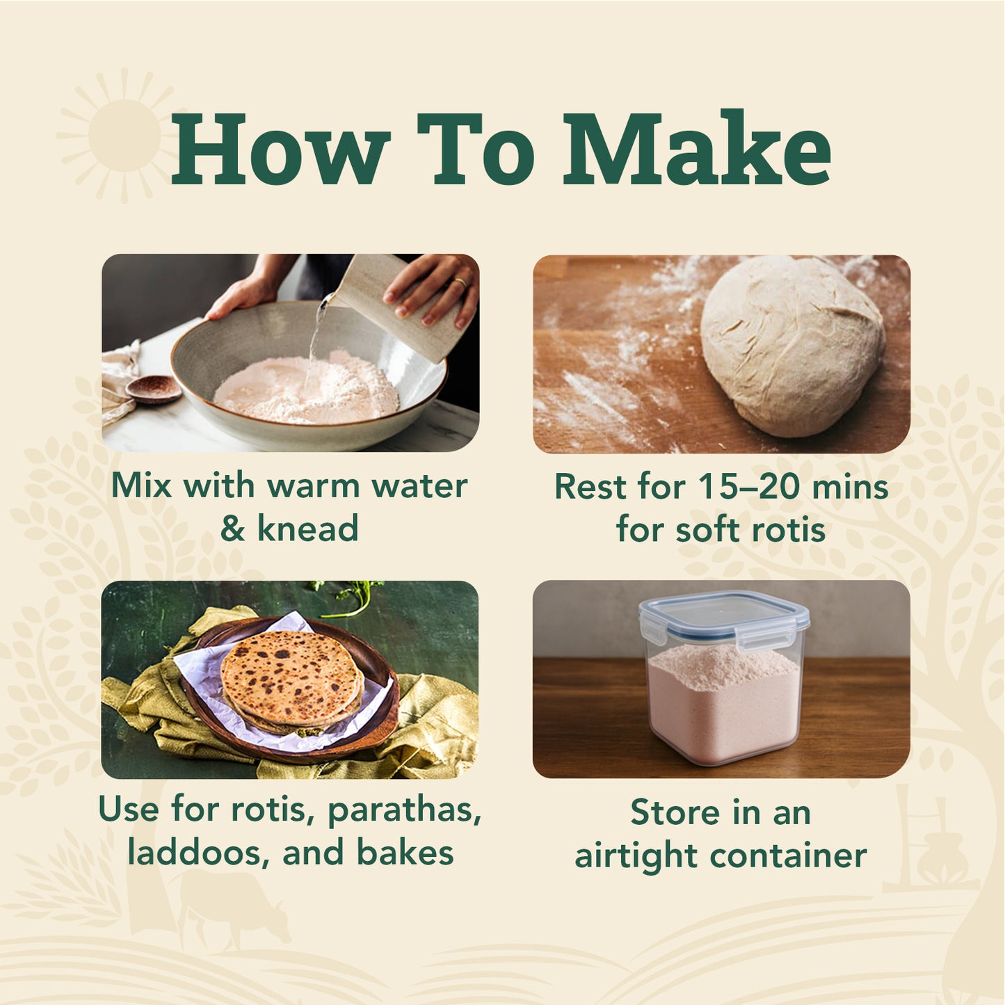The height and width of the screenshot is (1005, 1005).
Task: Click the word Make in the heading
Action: (x=696, y=148)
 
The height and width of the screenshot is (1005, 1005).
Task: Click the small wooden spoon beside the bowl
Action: (x=153, y=389)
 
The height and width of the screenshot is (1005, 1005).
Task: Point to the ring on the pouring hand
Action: (x=460, y=283)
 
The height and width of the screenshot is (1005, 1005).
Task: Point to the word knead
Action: (x=307, y=529)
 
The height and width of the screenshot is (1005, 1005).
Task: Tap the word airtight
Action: (x=636, y=857)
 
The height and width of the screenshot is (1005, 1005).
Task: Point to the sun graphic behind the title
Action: (x=124, y=135)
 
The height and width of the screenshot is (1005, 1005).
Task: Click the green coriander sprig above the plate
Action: (x=347, y=597)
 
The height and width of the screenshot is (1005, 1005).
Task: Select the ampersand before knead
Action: (x=232, y=529)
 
